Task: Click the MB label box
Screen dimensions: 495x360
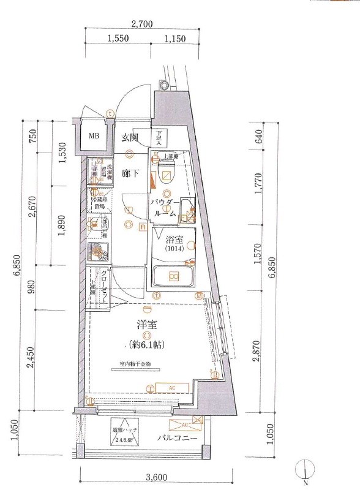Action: click(95, 137)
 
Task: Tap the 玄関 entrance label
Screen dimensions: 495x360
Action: click(129, 137)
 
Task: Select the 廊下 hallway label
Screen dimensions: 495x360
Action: click(129, 173)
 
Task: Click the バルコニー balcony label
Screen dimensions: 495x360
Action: click(176, 439)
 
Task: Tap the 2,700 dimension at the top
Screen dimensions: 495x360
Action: click(141, 25)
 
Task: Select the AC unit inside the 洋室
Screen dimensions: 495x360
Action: click(171, 387)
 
